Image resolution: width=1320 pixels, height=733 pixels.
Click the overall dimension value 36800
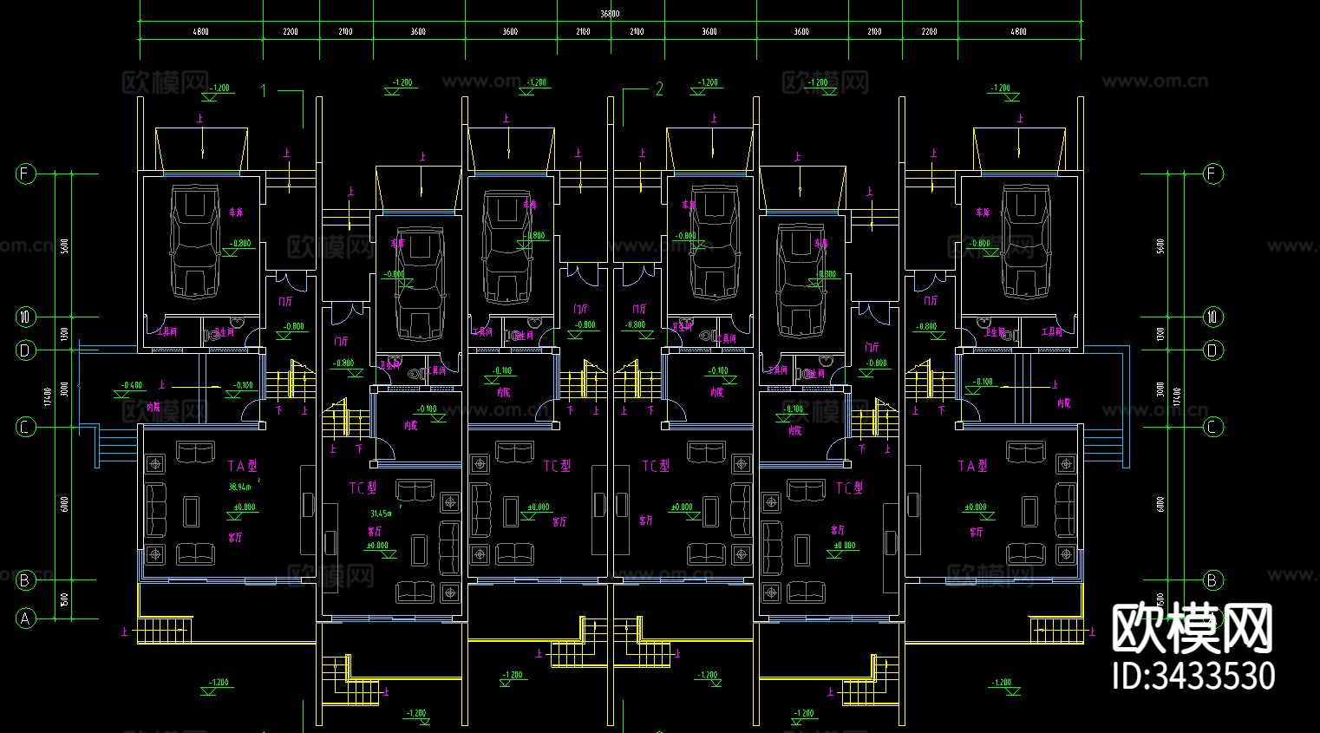(x=610, y=14)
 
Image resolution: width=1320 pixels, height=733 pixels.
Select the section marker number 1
(x=264, y=89)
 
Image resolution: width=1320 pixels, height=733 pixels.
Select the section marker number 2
(x=659, y=88)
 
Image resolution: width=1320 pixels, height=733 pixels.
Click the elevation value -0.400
(x=132, y=384)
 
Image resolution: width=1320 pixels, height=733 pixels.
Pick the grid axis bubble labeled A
(x=25, y=618)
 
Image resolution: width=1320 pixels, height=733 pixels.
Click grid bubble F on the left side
(x=25, y=173)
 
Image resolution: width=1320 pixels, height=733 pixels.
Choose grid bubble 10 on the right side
(x=1212, y=317)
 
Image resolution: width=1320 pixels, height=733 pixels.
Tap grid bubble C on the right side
(x=1212, y=427)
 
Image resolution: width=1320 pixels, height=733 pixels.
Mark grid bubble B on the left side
(x=25, y=580)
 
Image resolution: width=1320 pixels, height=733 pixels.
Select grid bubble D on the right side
(x=1212, y=350)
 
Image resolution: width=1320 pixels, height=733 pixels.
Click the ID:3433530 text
(x=1193, y=676)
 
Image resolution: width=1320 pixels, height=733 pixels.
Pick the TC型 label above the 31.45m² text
(x=363, y=488)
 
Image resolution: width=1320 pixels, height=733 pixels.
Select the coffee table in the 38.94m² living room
(x=191, y=512)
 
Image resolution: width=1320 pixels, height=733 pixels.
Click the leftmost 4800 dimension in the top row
(x=200, y=32)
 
